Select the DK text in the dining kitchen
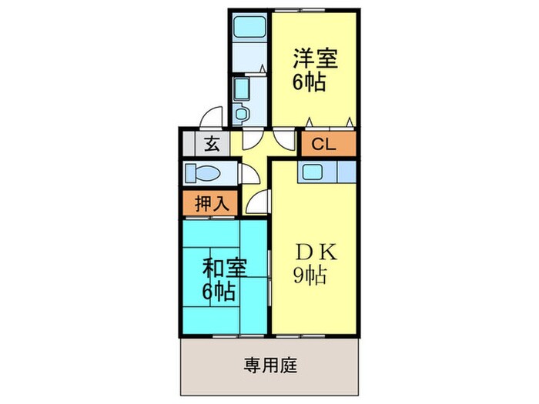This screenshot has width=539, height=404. click(311, 251)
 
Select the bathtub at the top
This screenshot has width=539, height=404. click(249, 28)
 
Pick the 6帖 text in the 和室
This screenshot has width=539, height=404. click(219, 292)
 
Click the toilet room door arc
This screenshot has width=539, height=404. click(249, 173)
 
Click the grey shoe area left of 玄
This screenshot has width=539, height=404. click(189, 144)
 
